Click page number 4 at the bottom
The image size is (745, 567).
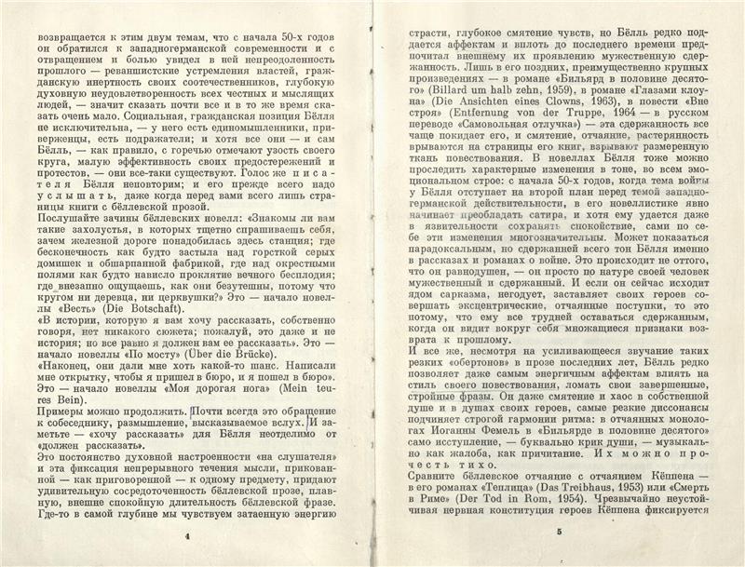click(188, 537)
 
